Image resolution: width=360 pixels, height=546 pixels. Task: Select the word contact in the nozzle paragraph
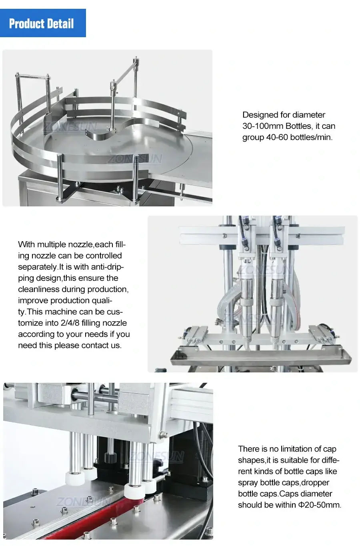click(x=95, y=345)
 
